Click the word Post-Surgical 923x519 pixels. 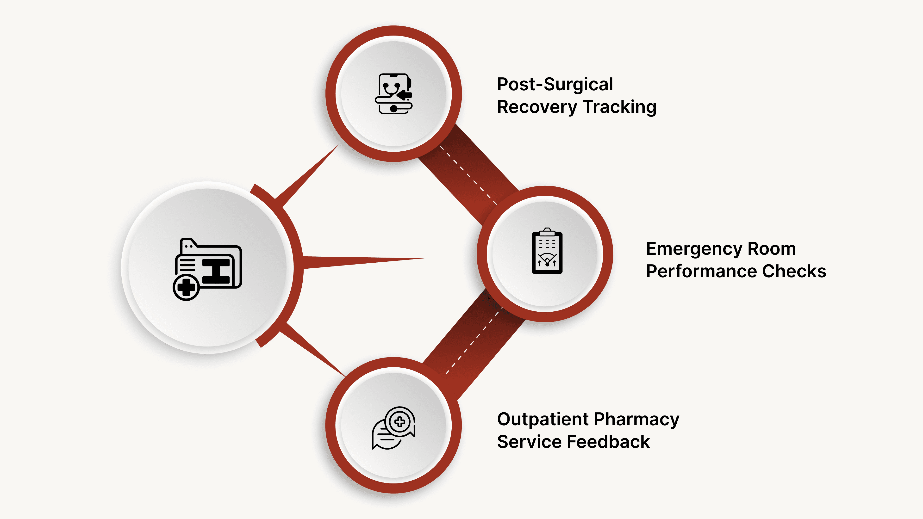(x=555, y=85)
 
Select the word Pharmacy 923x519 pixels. (x=636, y=420)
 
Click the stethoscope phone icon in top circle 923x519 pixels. (x=393, y=94)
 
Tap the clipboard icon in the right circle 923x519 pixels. (x=547, y=251)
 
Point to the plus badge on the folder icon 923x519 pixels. (x=186, y=287)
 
